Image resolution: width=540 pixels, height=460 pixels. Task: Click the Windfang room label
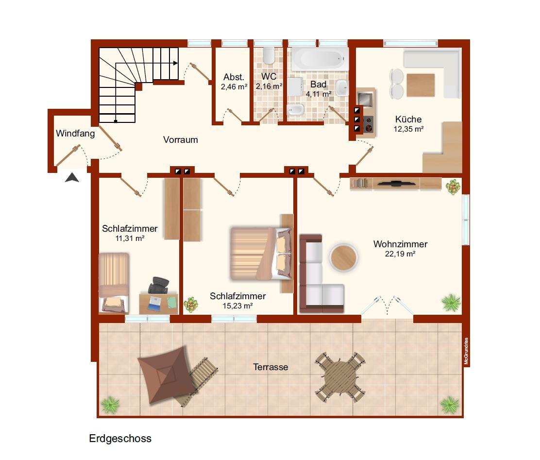click(x=75, y=134)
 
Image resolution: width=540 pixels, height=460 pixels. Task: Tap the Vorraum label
click(x=181, y=139)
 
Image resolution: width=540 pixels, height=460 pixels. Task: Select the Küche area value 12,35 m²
click(x=408, y=129)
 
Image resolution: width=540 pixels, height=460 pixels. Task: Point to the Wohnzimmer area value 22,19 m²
click(x=400, y=254)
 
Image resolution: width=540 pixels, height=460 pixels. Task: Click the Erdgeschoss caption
click(x=120, y=439)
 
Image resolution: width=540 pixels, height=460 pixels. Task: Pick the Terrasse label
click(x=270, y=367)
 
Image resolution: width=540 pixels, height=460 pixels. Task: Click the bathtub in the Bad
click(x=319, y=59)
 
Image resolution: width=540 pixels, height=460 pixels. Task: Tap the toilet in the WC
click(x=268, y=55)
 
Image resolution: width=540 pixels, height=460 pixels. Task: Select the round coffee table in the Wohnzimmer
click(x=343, y=257)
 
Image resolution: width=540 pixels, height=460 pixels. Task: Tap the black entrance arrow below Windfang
click(x=72, y=177)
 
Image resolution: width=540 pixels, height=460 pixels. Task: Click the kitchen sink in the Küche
click(x=364, y=99)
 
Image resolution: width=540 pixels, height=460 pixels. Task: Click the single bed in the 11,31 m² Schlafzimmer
click(x=114, y=283)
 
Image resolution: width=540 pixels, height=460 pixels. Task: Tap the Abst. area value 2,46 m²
click(x=234, y=87)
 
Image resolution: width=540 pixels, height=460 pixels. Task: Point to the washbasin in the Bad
click(x=342, y=87)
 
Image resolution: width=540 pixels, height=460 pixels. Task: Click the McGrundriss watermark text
click(x=466, y=351)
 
